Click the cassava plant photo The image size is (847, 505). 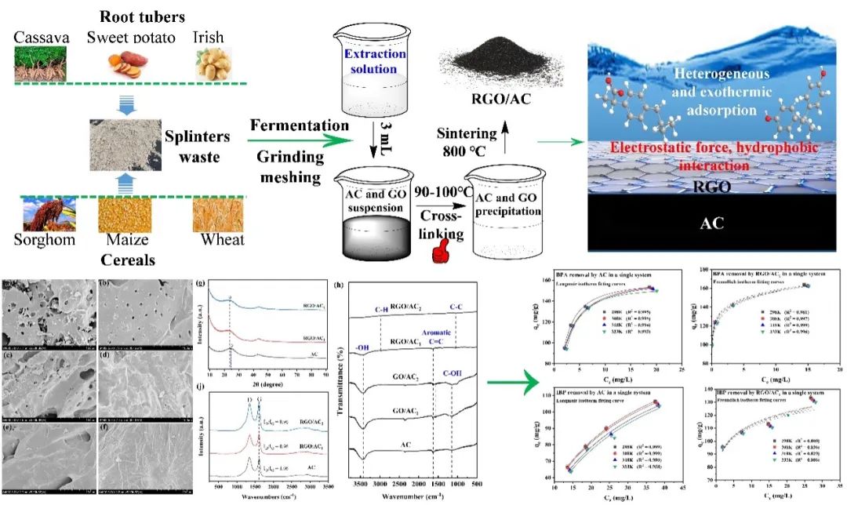(38, 64)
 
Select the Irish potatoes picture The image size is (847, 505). (211, 64)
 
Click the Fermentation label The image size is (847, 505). (299, 125)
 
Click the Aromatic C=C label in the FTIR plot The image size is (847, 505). (434, 338)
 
